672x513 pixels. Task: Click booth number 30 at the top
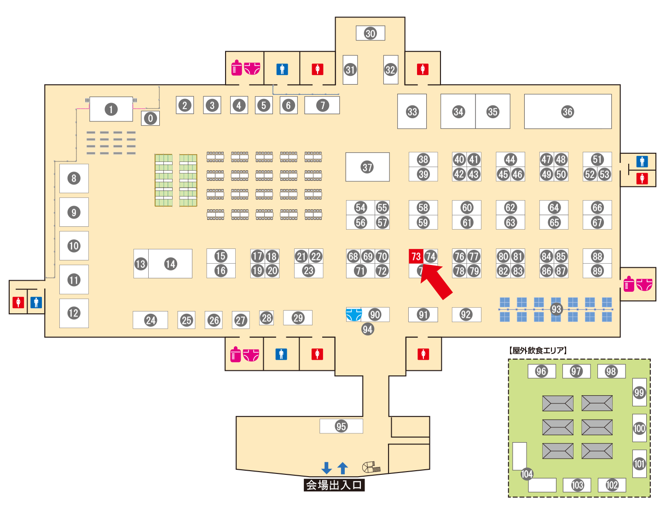coord(371,33)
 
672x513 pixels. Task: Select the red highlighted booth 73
coord(416,256)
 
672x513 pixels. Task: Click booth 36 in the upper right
coord(568,111)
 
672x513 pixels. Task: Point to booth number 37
coord(367,167)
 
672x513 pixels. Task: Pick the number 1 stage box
coord(111,110)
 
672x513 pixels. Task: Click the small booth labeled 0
coord(150,118)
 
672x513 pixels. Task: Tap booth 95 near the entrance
coord(341,426)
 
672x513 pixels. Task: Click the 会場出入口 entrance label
coord(334,485)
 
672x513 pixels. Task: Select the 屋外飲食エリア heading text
coord(538,351)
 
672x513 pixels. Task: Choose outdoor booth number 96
coord(541,371)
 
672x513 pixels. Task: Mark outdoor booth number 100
coord(639,428)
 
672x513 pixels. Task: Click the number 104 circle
coord(527,474)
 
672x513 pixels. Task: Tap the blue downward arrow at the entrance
coord(326,468)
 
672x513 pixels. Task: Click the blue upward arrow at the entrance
coord(342,468)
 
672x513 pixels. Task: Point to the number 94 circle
coord(367,329)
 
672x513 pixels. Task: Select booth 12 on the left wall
coord(74,313)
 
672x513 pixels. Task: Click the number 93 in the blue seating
coord(556,309)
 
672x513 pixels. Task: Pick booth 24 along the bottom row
coord(151,320)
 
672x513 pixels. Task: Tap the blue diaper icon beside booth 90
coord(353,315)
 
